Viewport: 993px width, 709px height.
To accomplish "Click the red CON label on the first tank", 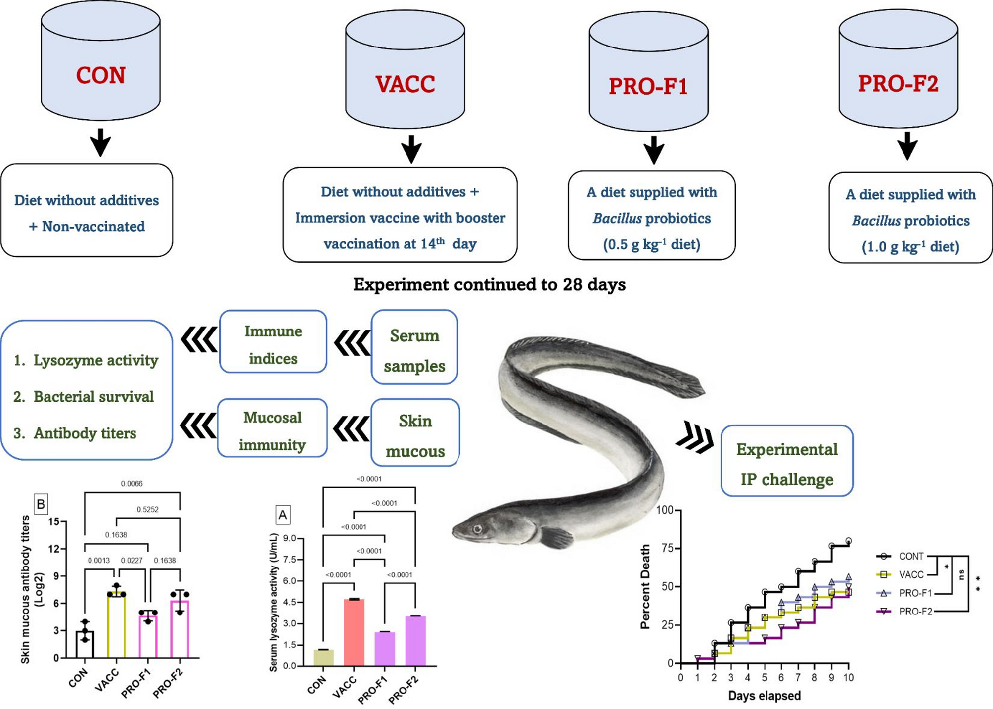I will point(100,75).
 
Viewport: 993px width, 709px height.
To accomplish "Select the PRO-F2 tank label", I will point(898,83).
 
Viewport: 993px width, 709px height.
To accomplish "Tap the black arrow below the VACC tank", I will point(411,148).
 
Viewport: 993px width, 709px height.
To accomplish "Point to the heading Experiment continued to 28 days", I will point(489,284).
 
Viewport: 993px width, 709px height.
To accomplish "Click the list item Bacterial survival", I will point(93,397).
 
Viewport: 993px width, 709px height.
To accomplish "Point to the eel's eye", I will point(478,529).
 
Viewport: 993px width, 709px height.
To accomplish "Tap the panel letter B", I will point(41,504).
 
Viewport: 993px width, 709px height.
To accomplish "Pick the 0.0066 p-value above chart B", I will point(132,484).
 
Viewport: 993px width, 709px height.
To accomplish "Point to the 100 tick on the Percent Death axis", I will point(664,510).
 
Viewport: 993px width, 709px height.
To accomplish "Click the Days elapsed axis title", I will point(764,695).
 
